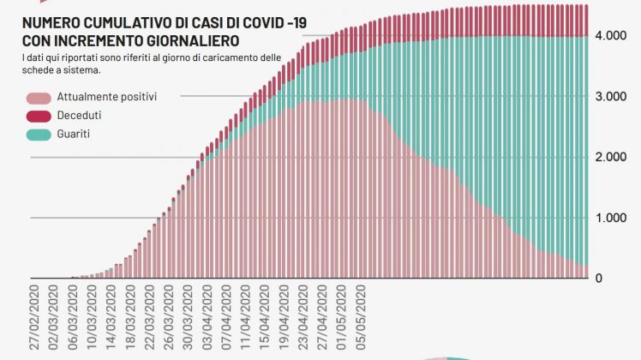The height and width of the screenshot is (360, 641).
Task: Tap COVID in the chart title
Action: [x=251, y=25]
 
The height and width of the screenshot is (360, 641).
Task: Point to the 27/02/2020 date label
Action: [x=36, y=319]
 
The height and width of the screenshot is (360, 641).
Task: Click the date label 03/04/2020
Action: [x=208, y=319]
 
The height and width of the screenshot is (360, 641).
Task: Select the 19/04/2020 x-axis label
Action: [x=287, y=319]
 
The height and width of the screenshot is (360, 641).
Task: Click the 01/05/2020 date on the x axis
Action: [x=345, y=319]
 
